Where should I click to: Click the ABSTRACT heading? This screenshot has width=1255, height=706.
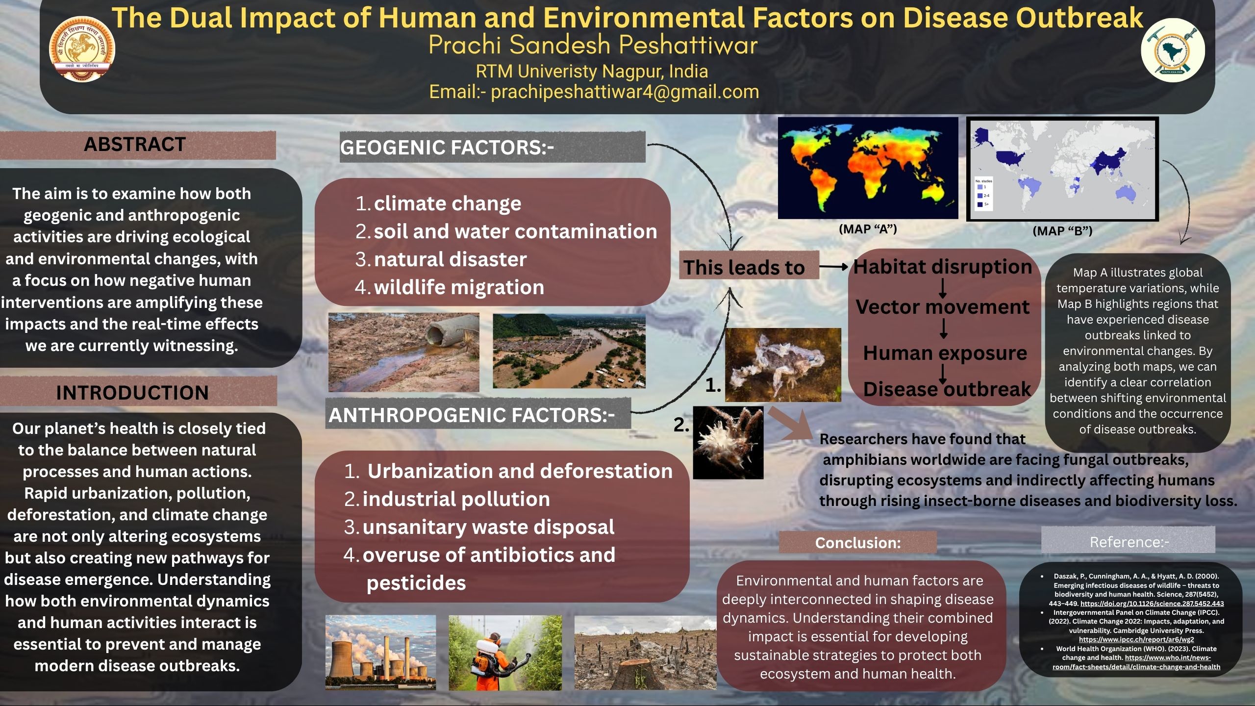pyautogui.click(x=135, y=145)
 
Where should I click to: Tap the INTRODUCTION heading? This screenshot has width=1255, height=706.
pyautogui.click(x=132, y=393)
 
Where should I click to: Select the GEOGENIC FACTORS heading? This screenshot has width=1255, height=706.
pyautogui.click(x=447, y=148)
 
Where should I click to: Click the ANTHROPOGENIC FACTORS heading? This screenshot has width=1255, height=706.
pyautogui.click(x=471, y=415)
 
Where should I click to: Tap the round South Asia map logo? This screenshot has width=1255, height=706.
pyautogui.click(x=1172, y=50)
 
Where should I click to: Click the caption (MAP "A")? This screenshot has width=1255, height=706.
pyautogui.click(x=868, y=229)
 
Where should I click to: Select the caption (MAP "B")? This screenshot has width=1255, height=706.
pyautogui.click(x=1062, y=231)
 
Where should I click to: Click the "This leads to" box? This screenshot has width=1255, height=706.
pyautogui.click(x=744, y=268)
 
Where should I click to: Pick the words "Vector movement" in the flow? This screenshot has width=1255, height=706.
pyautogui.click(x=942, y=307)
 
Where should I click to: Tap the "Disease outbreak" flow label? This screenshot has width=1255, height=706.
pyautogui.click(x=947, y=389)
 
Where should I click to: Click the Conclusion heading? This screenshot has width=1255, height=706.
pyautogui.click(x=857, y=543)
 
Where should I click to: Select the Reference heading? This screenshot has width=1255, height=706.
pyautogui.click(x=1129, y=542)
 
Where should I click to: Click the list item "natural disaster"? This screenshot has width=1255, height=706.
pyautogui.click(x=450, y=259)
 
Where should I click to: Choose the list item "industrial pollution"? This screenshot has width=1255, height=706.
pyautogui.click(x=456, y=499)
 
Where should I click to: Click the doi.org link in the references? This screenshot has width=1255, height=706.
pyautogui.click(x=1152, y=604)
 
